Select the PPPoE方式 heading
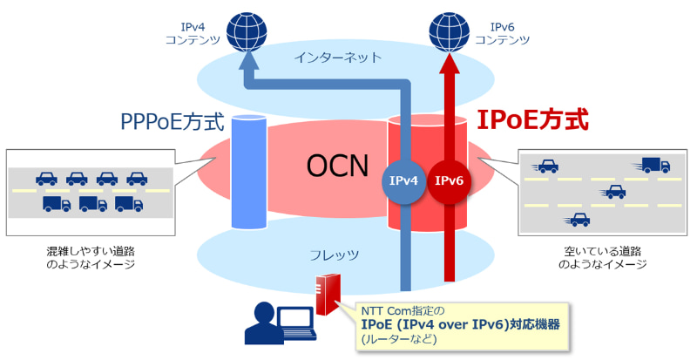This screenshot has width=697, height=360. click(173, 121)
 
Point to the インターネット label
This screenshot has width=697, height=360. click(337, 58)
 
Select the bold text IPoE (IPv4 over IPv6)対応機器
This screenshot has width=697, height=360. click(460, 323)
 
